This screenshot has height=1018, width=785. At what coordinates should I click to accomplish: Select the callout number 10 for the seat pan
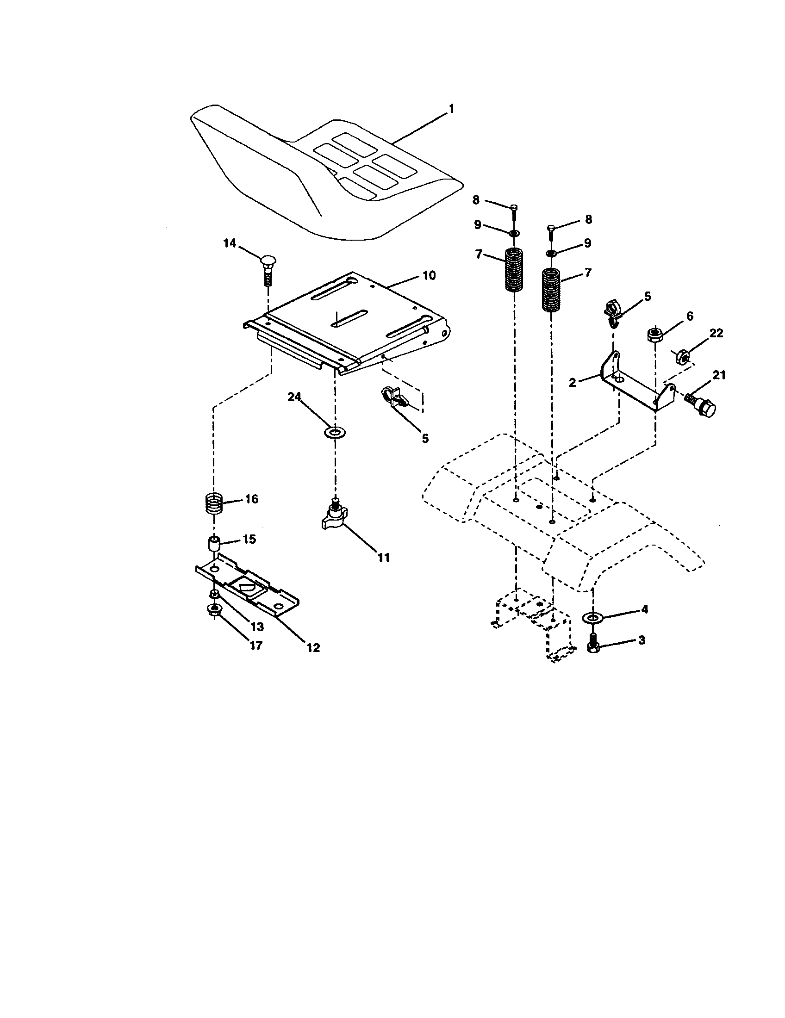point(429,275)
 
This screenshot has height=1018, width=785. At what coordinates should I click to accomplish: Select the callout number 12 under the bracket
point(313,647)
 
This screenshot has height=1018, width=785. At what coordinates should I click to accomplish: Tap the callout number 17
point(256,646)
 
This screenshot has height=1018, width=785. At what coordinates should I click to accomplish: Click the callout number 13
point(258,626)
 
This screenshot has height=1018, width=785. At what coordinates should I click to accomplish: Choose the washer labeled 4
point(592,618)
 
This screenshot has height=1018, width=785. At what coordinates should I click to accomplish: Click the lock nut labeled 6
point(654,335)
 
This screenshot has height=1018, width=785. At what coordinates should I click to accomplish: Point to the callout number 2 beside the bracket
point(573,383)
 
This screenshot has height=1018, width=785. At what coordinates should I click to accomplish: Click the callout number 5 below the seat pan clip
point(424,439)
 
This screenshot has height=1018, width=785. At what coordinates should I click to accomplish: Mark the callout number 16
point(251,499)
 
